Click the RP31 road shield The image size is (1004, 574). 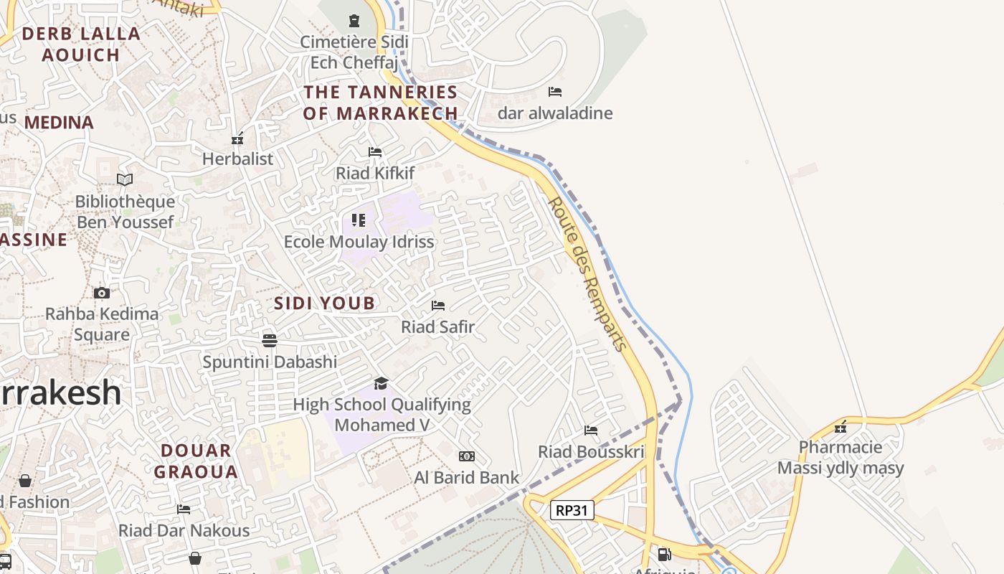pyautogui.click(x=572, y=510)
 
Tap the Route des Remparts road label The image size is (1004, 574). pyautogui.click(x=587, y=274)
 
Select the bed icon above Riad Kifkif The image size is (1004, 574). pyautogui.click(x=375, y=152)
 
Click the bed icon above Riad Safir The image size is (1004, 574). pyautogui.click(x=438, y=306)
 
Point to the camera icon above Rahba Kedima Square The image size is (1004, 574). pyautogui.click(x=102, y=293)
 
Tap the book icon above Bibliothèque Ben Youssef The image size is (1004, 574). pyautogui.click(x=125, y=179)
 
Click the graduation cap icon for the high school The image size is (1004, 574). pyautogui.click(x=382, y=383)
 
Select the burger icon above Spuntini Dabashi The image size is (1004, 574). pyautogui.click(x=270, y=340)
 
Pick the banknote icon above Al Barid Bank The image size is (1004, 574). pyautogui.click(x=467, y=456)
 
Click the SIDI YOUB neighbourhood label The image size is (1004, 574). pyautogui.click(x=324, y=303)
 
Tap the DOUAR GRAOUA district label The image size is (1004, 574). pyautogui.click(x=196, y=461)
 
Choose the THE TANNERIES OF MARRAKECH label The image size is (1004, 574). pyautogui.click(x=380, y=103)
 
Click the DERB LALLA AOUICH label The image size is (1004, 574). pyautogui.click(x=81, y=44)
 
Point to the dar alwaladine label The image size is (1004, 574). pyautogui.click(x=555, y=113)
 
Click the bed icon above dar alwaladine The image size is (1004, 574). pyautogui.click(x=555, y=92)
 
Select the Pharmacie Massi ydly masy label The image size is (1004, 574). pyautogui.click(x=840, y=458)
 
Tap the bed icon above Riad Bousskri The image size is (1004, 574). pyautogui.click(x=591, y=430)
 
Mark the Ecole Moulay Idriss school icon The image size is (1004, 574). pyautogui.click(x=359, y=220)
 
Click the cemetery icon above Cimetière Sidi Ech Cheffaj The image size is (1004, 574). pyautogui.click(x=354, y=20)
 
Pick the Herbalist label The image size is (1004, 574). pyautogui.click(x=238, y=159)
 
